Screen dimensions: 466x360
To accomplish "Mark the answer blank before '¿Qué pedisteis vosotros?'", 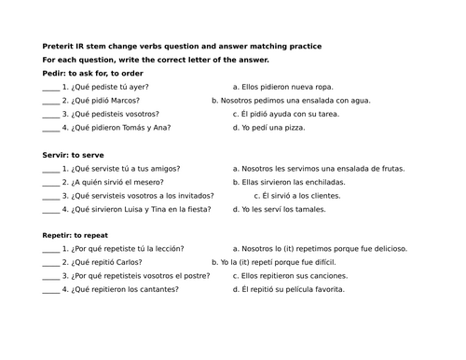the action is point(50,114).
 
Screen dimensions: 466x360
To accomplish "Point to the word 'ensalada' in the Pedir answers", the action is point(319,100).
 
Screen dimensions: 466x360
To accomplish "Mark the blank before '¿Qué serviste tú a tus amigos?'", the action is point(50,169).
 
